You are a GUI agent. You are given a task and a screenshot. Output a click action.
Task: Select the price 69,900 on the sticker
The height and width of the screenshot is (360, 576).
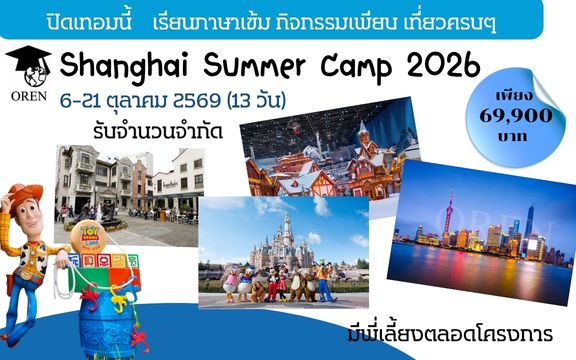point(516,116)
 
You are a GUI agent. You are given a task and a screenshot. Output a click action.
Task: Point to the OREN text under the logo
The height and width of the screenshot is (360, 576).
point(29,96)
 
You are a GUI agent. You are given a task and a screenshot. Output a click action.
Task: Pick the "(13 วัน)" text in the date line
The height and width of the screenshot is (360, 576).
point(256,100)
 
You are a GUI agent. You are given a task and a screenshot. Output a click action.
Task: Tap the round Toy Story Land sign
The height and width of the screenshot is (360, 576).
point(88,237)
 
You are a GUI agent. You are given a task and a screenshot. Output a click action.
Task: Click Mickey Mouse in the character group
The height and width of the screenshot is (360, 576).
point(272,283)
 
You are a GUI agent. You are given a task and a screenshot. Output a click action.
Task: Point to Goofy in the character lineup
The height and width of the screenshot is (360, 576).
point(325,282)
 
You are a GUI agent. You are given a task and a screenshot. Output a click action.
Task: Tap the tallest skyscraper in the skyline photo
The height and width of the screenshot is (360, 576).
point(529,227)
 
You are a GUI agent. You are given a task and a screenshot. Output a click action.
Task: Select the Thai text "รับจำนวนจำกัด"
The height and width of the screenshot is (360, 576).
point(158,131)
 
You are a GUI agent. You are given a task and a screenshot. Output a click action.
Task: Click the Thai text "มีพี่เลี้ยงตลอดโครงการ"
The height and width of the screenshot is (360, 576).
point(450,333)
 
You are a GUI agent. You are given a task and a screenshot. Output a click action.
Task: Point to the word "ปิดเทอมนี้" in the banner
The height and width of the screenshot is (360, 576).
point(89,23)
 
